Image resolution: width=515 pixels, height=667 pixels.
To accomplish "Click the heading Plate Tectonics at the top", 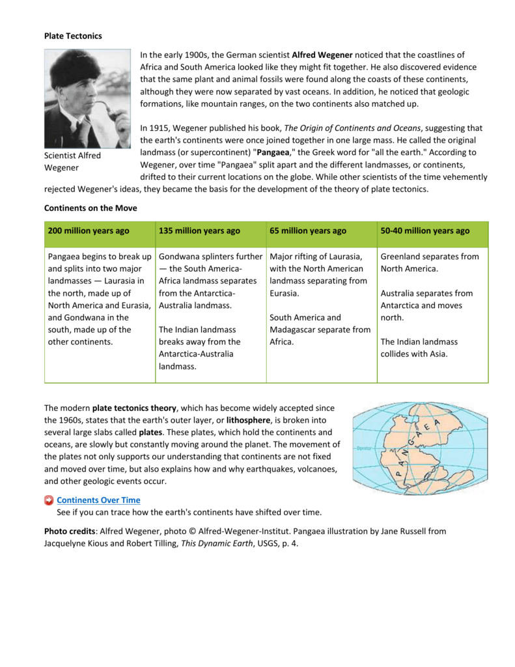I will [73, 36].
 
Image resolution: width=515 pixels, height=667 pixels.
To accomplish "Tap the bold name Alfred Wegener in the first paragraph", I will [322, 55].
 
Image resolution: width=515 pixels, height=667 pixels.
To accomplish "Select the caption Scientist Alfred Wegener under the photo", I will [72, 162].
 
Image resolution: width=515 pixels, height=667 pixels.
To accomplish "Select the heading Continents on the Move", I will [90, 208].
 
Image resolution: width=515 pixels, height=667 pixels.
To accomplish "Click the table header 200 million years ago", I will [89, 231].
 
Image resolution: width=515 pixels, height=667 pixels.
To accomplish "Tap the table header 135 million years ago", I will [199, 231].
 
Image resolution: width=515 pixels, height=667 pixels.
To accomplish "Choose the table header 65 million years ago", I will [308, 231].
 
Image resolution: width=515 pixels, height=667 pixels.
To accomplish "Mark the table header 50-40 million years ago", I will [425, 231].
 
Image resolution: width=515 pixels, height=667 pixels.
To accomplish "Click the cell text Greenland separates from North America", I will [429, 263].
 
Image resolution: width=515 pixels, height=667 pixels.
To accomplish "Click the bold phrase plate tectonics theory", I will [134, 408].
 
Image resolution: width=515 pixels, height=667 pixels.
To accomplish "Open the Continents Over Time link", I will [98, 500].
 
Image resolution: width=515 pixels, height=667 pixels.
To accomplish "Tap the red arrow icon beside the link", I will [49, 500].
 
